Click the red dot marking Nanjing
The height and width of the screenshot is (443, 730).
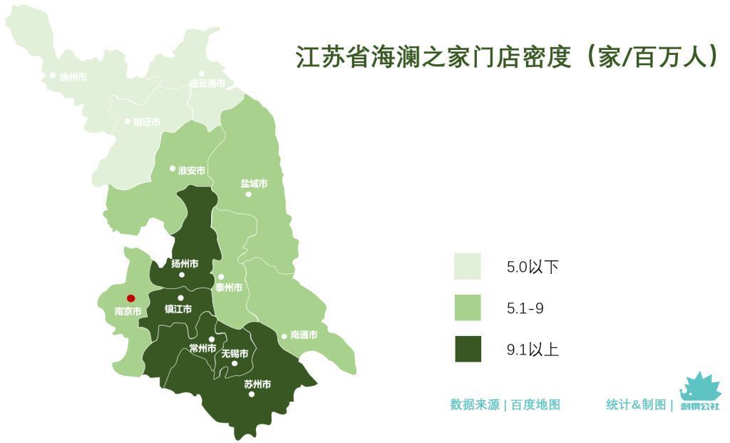[x=130, y=298]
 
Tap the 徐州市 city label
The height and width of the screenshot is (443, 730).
[x=73, y=76]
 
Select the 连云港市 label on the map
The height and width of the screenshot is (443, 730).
[x=207, y=83]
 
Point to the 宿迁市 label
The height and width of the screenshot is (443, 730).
[x=146, y=122]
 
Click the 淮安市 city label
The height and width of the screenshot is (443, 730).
[x=191, y=170]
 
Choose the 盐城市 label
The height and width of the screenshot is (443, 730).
[x=254, y=183]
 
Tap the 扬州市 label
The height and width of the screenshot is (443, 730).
[x=185, y=263]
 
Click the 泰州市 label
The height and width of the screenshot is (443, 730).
[x=229, y=287]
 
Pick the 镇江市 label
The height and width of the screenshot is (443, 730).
[x=178, y=309]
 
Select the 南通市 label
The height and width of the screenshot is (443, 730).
[x=304, y=335]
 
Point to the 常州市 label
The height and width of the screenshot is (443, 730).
[x=202, y=348]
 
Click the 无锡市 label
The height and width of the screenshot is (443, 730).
[x=235, y=353]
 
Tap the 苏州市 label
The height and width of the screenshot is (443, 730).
[x=257, y=384]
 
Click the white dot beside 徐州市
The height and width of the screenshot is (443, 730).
[x=53, y=75]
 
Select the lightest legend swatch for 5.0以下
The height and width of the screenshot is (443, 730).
[x=468, y=267]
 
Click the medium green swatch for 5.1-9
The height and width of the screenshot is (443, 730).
[x=468, y=308]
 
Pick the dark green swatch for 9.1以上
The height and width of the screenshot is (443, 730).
[x=468, y=350]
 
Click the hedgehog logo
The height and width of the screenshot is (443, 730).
[x=699, y=390]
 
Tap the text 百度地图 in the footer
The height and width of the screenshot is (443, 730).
[x=535, y=404]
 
